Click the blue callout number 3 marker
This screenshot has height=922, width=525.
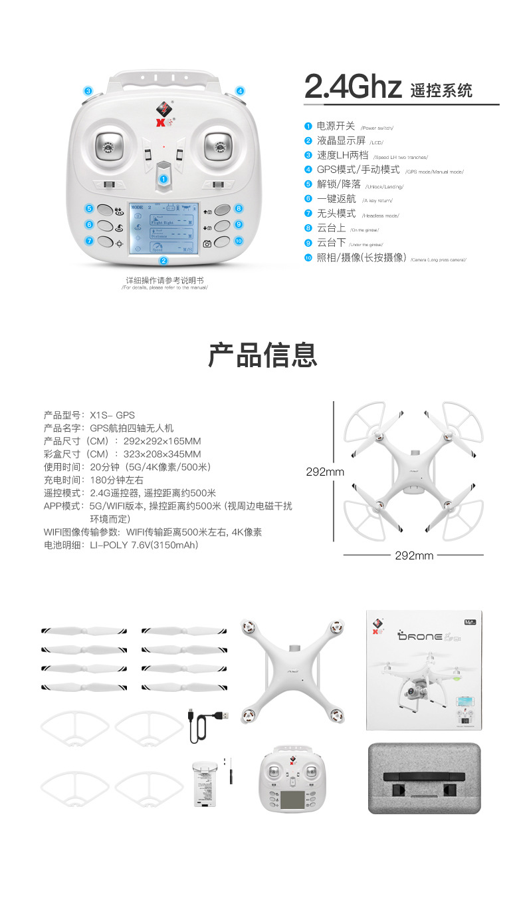(x=88, y=91)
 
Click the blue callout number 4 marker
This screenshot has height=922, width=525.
(x=240, y=91)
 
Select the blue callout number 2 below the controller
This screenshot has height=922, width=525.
(x=163, y=261)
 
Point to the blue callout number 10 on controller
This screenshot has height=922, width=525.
(x=239, y=241)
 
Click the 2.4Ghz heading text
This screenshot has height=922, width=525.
(x=353, y=87)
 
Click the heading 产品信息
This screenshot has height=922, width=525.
(x=262, y=355)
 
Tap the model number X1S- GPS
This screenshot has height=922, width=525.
(x=112, y=415)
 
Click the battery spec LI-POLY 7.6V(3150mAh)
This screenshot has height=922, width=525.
(x=144, y=545)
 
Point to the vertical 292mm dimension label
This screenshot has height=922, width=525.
(x=325, y=472)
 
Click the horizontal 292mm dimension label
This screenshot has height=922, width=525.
(x=414, y=555)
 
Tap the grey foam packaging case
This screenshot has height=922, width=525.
(x=424, y=778)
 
